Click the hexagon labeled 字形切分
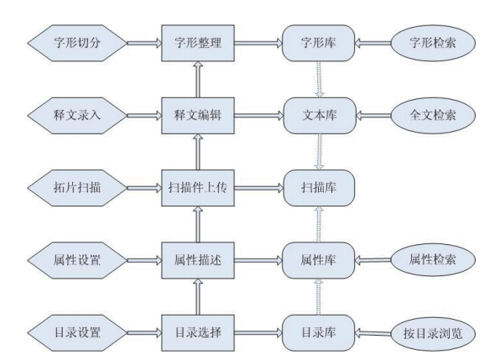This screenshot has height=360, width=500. (x=77, y=43)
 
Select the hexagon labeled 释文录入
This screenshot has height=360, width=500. (x=77, y=116)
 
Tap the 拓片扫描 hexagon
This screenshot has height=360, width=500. (x=77, y=188)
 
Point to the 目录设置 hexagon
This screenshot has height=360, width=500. (x=77, y=333)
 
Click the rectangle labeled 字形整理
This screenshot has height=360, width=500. (x=198, y=43)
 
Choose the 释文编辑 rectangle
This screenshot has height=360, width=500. (x=198, y=116)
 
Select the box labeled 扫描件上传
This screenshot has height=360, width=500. (x=198, y=188)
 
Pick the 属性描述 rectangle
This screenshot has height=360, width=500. (x=198, y=260)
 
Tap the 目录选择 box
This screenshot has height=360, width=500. (x=198, y=333)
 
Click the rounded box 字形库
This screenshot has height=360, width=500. (x=319, y=43)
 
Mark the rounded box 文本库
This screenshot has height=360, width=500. (x=320, y=116)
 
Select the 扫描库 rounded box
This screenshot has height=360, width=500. (x=319, y=188)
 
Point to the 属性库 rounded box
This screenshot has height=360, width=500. (x=319, y=260)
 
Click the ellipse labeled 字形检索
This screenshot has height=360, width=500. (x=433, y=43)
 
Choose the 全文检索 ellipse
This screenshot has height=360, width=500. (x=433, y=116)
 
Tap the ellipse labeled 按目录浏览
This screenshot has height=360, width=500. (x=433, y=333)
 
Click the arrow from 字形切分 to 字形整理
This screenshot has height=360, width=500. (x=144, y=43)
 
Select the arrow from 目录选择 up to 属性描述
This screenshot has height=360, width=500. (x=198, y=297)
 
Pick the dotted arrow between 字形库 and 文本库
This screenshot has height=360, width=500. (x=319, y=79)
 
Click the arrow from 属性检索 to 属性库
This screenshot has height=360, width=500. (x=372, y=260)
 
